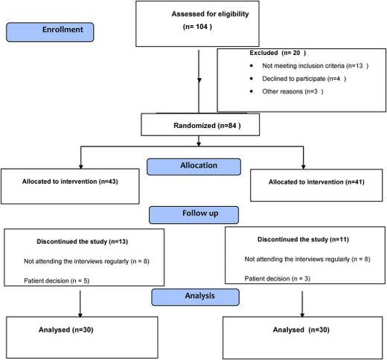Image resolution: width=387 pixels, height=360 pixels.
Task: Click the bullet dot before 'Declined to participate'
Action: click(x=256, y=79)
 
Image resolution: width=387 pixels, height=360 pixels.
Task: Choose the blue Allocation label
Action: click(x=194, y=167)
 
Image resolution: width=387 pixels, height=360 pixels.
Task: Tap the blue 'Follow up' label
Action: click(x=193, y=214)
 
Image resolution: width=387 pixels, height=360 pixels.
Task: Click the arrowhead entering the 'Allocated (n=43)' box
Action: click(x=80, y=166)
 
